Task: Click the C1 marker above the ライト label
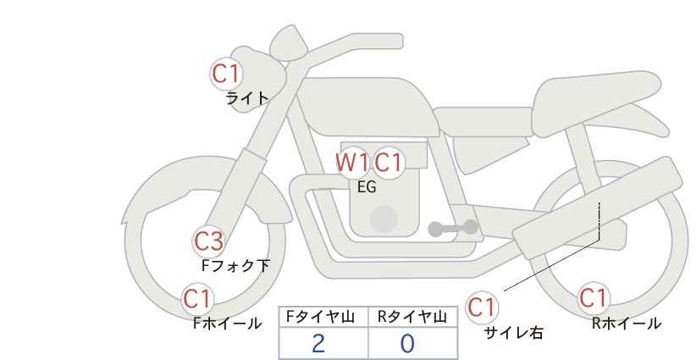[x=226, y=74]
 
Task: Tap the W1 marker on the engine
[x=352, y=163]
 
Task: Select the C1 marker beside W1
[x=388, y=163]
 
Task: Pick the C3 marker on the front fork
[x=208, y=242]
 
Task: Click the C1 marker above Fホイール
[x=197, y=299]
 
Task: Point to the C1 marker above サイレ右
[x=482, y=307]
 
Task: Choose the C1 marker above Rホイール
[x=593, y=298]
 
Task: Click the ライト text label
[x=246, y=98]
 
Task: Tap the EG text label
[x=367, y=187]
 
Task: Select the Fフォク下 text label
[x=235, y=266]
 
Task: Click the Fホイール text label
[x=228, y=324]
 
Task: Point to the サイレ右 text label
[x=514, y=333]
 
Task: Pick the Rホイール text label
[x=627, y=324]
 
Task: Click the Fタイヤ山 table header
[x=320, y=317]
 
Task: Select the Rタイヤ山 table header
[x=413, y=317]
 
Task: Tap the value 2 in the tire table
[x=318, y=344]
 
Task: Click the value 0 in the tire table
[x=407, y=344]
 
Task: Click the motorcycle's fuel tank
[x=367, y=107]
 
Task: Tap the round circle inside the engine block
[x=384, y=219]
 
